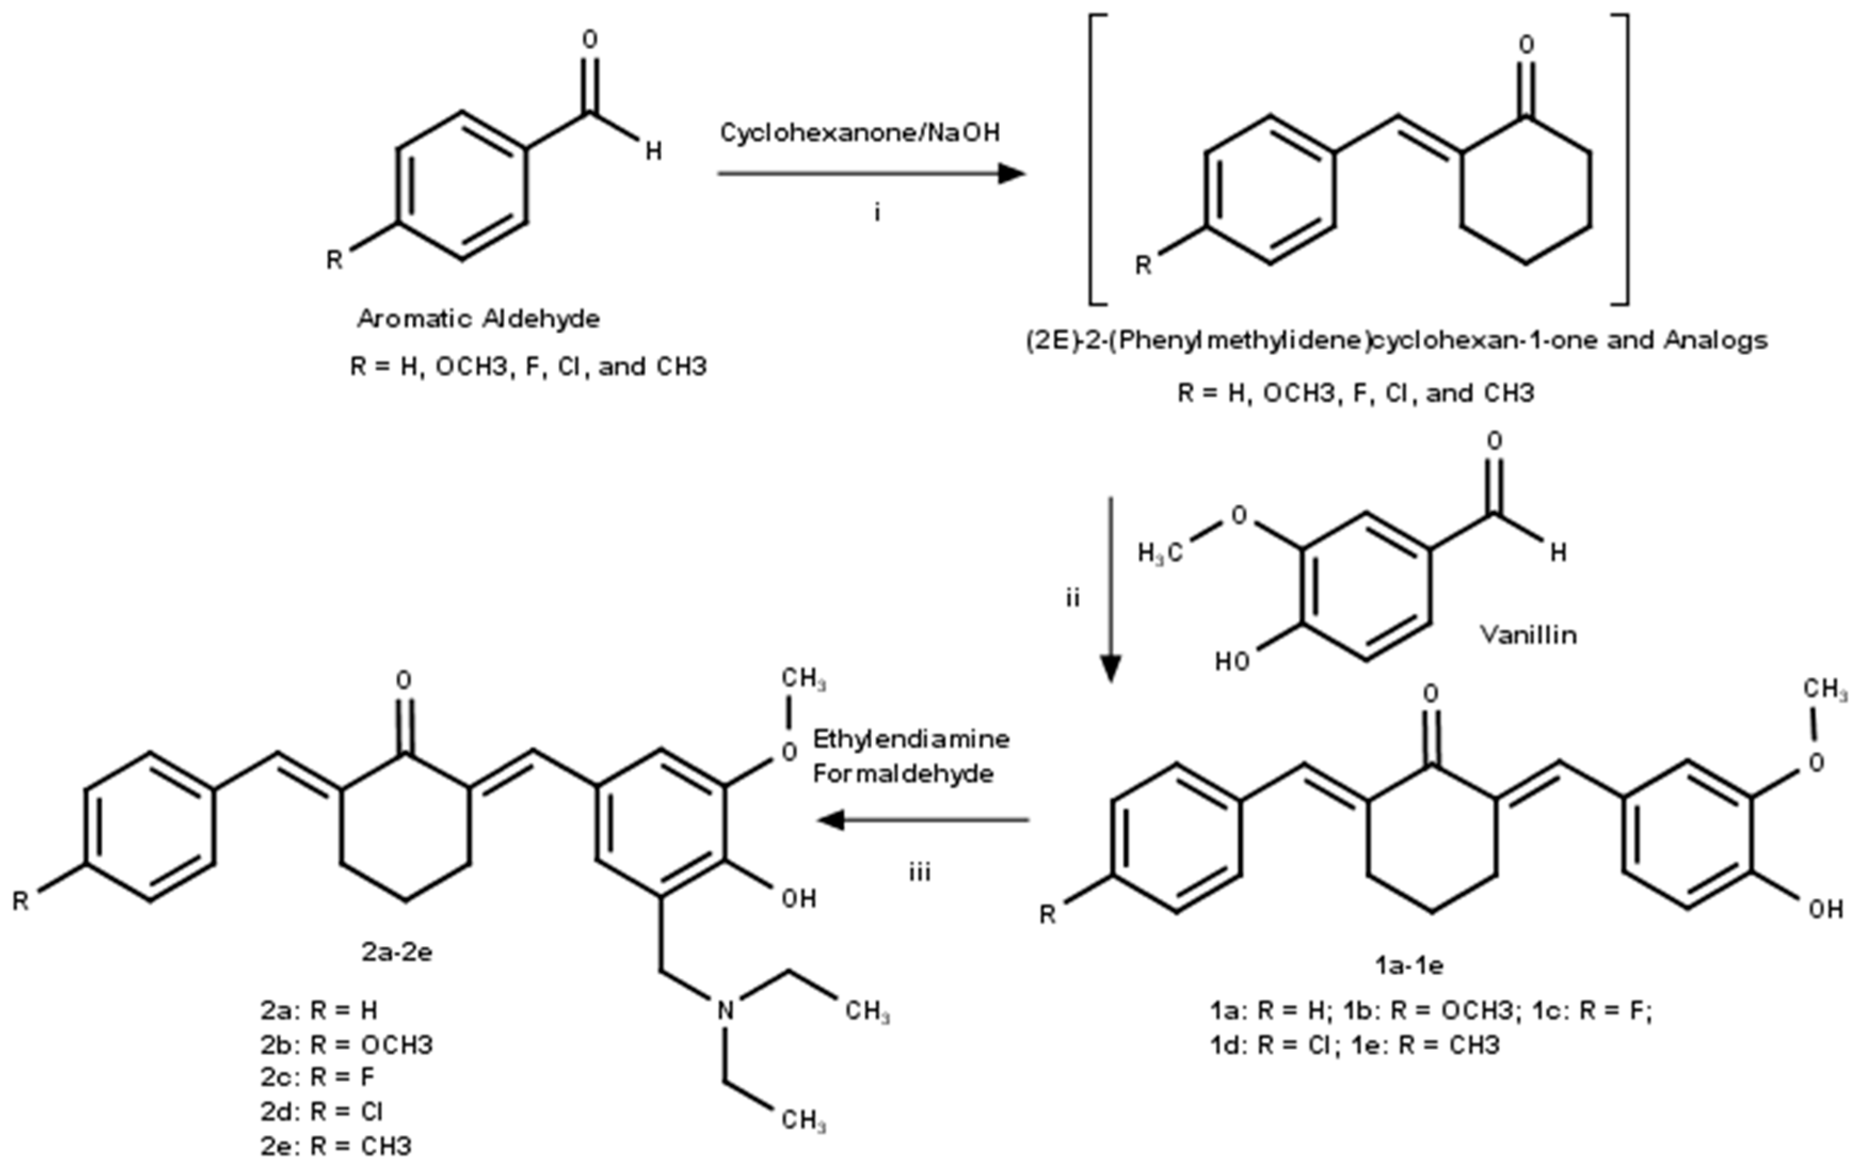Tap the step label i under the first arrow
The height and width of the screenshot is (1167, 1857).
pos(877,212)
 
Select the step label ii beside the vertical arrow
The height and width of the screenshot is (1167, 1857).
pos(1073,598)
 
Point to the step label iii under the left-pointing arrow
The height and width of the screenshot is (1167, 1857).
pos(919,873)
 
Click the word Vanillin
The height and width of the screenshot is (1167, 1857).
pos(1529,635)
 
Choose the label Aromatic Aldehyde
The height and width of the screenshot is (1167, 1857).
pos(478,318)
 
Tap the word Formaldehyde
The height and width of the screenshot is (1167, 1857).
pos(903,773)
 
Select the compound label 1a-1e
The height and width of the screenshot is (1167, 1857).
pos(1409,964)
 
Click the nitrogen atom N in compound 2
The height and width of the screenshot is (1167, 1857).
pos(726,1010)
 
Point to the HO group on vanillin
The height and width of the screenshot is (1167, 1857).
pos(1232,661)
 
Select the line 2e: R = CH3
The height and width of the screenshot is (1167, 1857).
pos(336,1146)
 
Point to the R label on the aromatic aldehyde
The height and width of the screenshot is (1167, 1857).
pos(334,260)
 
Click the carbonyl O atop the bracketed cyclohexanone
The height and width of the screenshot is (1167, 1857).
pos(1526,45)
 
